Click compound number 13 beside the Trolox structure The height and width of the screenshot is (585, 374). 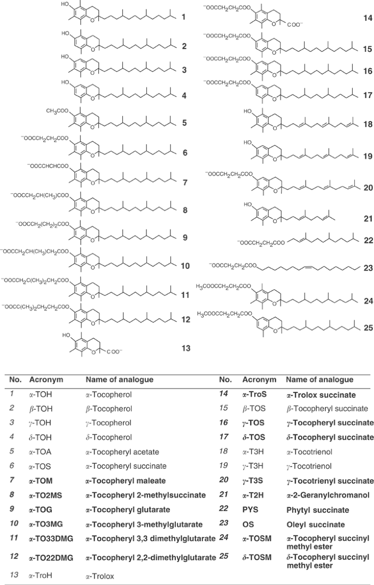[x=186, y=348]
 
